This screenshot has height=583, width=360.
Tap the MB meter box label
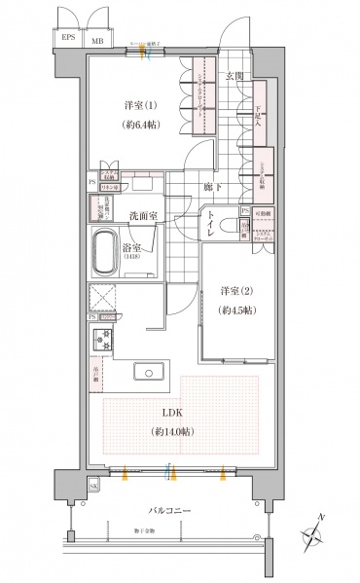coord(98,41)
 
